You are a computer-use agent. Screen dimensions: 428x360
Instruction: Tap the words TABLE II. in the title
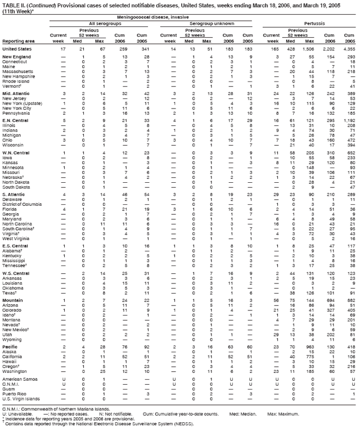(13, 4)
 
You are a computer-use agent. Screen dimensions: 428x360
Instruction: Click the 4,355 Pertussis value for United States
(349, 49)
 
